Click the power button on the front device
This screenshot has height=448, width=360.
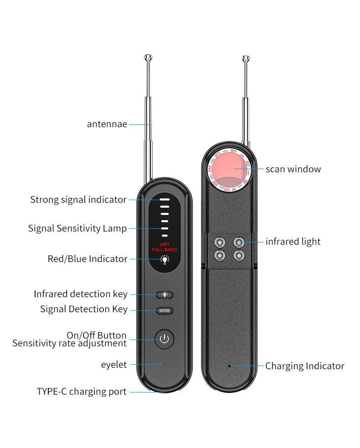(x=165, y=339)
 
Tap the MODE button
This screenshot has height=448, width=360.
(x=165, y=310)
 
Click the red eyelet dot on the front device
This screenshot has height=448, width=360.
(x=165, y=364)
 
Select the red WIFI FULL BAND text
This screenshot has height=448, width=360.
(x=165, y=247)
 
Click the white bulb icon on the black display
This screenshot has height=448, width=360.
(x=165, y=259)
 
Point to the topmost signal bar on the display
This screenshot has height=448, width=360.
(x=165, y=200)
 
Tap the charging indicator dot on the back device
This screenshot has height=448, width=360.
(x=229, y=366)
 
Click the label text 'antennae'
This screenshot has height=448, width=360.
(x=107, y=124)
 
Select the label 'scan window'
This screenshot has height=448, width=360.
(x=293, y=169)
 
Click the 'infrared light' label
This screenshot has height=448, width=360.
(x=293, y=242)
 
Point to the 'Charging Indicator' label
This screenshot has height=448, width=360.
(x=304, y=366)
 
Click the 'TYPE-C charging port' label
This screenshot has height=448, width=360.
(x=82, y=391)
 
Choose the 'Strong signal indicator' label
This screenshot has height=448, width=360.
(x=78, y=200)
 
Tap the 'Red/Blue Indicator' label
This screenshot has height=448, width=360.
(x=87, y=259)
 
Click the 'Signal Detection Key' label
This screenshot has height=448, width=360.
(x=84, y=309)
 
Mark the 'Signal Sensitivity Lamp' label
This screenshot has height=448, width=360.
(x=77, y=228)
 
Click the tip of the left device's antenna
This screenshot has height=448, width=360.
(x=148, y=57)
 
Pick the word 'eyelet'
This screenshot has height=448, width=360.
(x=114, y=365)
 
